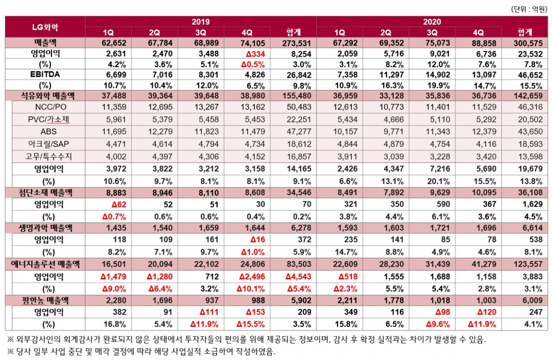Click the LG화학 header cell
tap(44, 27)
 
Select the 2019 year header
tap(201, 22)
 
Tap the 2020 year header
tap(432, 22)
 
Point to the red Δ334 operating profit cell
tap(247, 53)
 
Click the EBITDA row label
tap(45, 74)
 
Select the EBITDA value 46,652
tap(525, 74)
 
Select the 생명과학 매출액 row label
tap(45, 228)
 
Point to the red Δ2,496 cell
tap(247, 276)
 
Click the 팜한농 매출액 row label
tap(45, 300)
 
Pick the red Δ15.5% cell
tap(247, 324)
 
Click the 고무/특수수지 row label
tap(48, 156)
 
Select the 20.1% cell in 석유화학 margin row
tap(432, 180)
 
